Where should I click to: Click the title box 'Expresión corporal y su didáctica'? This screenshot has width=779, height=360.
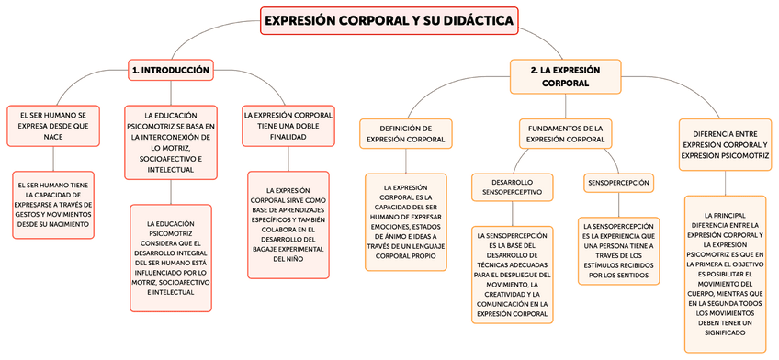(x=389, y=20)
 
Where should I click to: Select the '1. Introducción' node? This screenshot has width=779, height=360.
(x=171, y=70)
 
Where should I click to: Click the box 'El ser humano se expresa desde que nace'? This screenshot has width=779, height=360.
(x=52, y=126)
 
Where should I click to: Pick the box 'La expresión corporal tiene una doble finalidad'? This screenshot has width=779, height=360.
(x=288, y=126)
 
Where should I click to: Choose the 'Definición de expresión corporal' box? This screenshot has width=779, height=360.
(x=406, y=133)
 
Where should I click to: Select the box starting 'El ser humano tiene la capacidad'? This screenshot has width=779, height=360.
(x=52, y=205)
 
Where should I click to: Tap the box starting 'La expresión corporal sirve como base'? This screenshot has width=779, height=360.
(x=288, y=225)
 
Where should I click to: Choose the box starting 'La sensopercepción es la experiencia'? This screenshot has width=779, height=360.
(x=617, y=250)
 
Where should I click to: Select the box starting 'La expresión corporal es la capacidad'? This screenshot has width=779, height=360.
(x=406, y=221)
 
